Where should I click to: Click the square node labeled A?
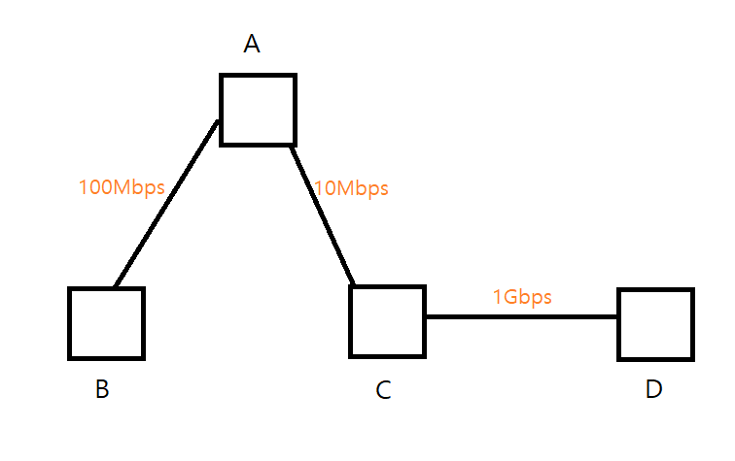(258, 110)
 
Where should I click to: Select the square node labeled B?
(106, 323)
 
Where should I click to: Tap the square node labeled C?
(387, 320)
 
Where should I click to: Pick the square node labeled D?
(656, 323)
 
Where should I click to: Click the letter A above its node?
(252, 44)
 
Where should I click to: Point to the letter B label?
(102, 390)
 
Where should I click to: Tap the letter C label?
(383, 390)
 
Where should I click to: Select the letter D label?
(653, 390)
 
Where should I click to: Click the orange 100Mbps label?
(122, 187)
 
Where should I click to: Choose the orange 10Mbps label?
(351, 188)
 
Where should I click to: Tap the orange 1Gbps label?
(522, 297)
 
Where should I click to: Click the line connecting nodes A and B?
(165, 204)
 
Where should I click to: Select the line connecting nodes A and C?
(323, 215)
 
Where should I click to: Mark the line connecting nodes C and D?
(522, 316)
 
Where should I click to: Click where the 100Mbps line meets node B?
(115, 288)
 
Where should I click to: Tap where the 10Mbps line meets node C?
(355, 285)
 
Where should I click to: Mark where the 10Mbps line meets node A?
(290, 146)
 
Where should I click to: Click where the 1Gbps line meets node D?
(619, 316)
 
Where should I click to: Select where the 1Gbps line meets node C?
(425, 316)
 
